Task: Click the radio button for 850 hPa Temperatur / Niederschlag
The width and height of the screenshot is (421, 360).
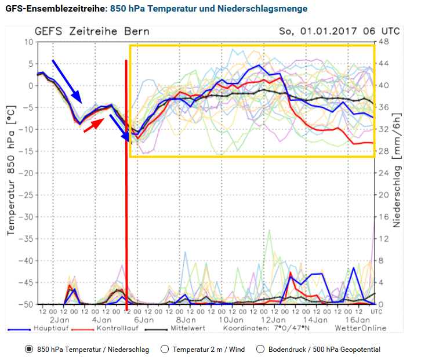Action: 29,350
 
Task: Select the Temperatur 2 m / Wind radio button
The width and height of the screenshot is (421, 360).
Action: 164,350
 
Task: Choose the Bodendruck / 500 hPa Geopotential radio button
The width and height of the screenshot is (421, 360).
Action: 260,350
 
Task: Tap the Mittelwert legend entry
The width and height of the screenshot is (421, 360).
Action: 188,328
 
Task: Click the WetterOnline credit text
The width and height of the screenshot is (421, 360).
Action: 360,328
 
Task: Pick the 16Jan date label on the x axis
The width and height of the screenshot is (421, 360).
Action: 358,320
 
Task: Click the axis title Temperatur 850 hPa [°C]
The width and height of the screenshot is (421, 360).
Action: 10,174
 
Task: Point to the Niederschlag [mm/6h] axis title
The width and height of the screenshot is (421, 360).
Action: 397,174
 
